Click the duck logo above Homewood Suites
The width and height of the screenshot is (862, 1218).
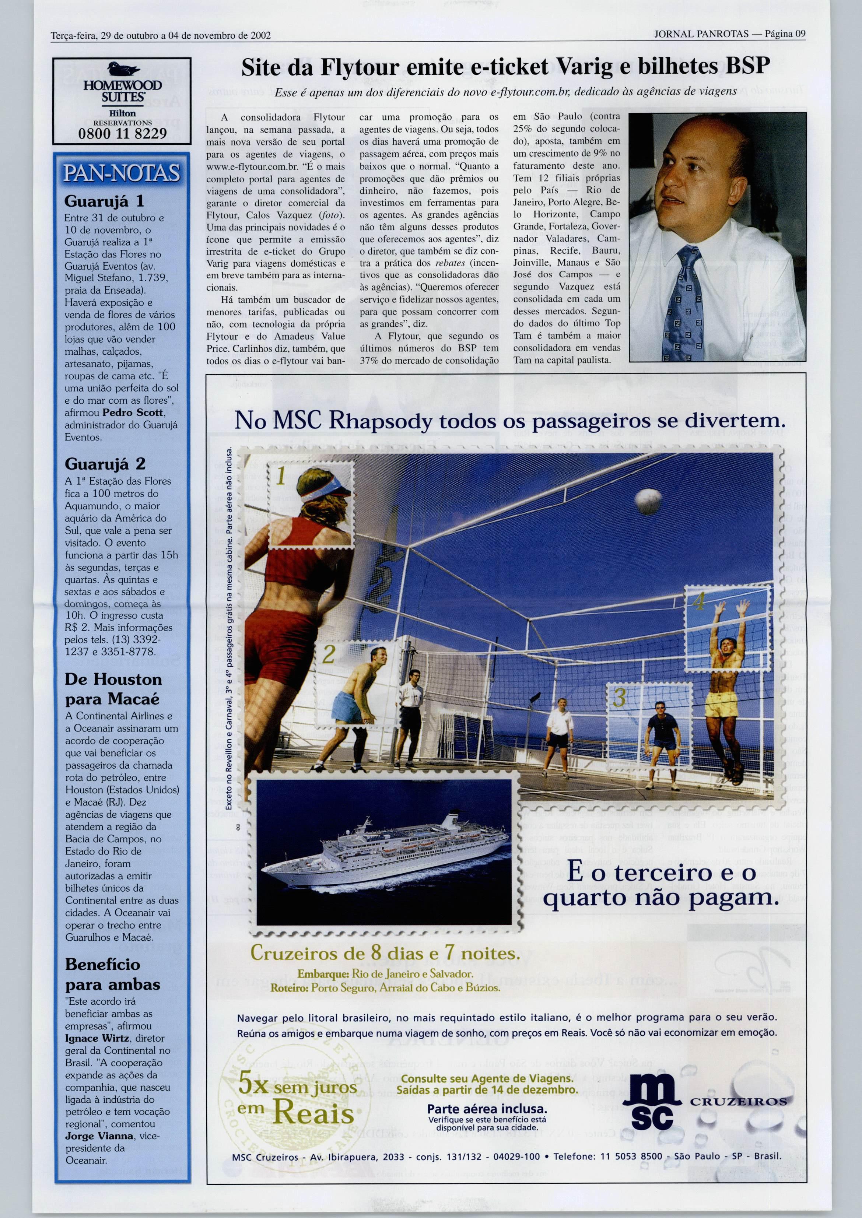[x=123, y=69]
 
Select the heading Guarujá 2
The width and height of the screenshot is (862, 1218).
[x=105, y=464]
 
